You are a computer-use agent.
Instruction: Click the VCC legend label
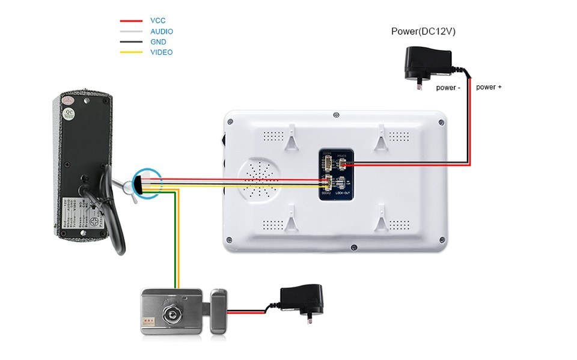tap(157, 20)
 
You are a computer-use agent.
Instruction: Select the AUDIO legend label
tap(162, 31)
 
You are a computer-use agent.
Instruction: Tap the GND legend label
tap(158, 42)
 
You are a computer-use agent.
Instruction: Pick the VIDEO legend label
tap(161, 52)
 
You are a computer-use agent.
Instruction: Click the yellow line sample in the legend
tap(131, 52)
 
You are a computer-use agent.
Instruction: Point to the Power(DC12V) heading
tap(423, 31)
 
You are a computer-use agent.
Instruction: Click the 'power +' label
tap(489, 87)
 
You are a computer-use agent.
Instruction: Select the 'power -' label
tap(448, 88)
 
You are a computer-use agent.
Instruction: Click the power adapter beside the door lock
tap(302, 300)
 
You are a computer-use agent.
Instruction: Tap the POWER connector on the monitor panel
tap(343, 164)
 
